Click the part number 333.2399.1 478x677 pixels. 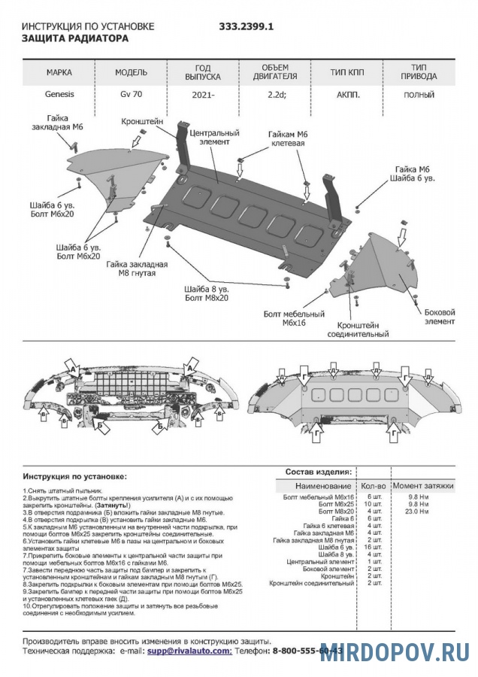coord(246,26)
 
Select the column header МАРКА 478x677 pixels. coord(59,73)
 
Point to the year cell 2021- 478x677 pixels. coord(202,96)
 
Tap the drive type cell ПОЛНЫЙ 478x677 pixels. coord(419,96)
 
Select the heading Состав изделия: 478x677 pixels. coord(318,472)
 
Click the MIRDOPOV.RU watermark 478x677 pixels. coord(395,651)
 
